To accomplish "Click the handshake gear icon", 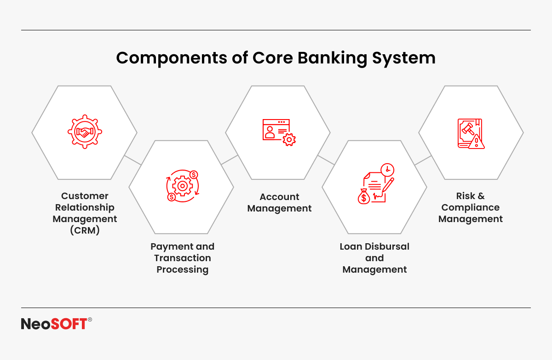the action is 85,132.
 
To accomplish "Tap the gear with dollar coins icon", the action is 182,186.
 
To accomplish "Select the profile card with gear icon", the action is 279,132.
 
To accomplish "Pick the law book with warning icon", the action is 471,134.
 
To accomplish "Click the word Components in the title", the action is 172,58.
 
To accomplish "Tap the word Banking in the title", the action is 333,58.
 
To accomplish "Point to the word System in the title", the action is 404,58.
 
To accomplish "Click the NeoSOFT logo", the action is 57,323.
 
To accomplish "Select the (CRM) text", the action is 85,230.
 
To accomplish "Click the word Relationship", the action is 85,207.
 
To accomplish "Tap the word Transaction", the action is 183,258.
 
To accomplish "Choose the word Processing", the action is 183,269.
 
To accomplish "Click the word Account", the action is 280,197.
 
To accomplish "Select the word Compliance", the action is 471,207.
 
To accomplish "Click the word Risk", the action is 466,196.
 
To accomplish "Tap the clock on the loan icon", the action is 387,170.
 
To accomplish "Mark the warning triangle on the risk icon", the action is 477,142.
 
